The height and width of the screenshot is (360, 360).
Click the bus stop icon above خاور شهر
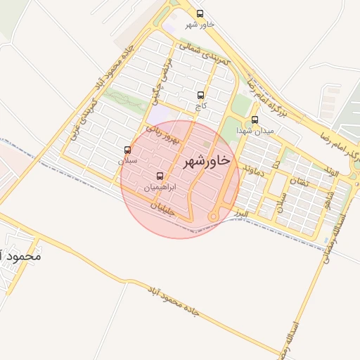click(x=200, y=13)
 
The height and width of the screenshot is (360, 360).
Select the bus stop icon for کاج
click(x=201, y=95)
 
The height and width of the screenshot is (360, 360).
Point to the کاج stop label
click(x=201, y=106)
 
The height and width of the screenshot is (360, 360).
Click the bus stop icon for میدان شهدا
click(x=255, y=120)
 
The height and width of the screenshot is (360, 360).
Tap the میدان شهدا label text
click(x=255, y=131)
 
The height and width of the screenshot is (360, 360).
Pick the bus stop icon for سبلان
click(x=127, y=150)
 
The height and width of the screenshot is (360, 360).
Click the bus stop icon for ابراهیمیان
click(x=160, y=176)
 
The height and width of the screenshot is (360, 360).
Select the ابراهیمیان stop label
click(x=160, y=188)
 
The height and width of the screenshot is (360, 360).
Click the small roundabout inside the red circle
click(x=214, y=218)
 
